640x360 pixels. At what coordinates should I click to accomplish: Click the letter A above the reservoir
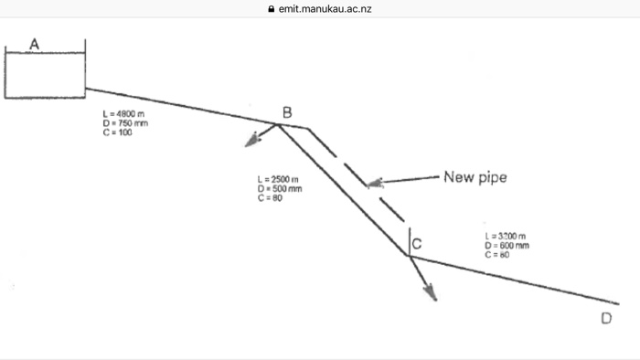(35, 44)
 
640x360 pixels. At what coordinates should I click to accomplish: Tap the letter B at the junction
(287, 112)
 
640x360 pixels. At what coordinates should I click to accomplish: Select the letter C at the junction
(416, 244)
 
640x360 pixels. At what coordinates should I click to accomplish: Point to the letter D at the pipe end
(606, 318)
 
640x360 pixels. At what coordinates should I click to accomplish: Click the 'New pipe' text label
(474, 176)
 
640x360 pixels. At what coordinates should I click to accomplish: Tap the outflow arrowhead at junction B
(250, 142)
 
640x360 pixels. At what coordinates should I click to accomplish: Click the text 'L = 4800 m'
(125, 113)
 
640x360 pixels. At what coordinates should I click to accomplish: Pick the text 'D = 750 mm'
(126, 122)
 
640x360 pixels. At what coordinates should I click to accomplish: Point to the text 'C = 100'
(119, 132)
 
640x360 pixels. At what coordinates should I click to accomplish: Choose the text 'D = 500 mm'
(280, 188)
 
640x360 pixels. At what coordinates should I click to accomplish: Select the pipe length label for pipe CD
(506, 236)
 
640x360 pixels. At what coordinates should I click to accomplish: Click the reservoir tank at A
(45, 74)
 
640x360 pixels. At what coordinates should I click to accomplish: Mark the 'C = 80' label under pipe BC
(271, 198)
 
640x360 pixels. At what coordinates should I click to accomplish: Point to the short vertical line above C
(409, 239)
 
